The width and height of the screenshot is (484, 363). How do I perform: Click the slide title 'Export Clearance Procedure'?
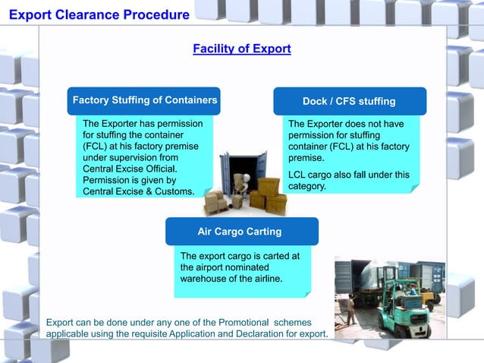99,14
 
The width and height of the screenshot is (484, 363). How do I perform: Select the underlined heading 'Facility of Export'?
241,49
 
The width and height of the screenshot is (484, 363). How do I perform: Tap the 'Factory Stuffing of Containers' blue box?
144,100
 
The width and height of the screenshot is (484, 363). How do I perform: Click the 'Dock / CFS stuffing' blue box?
349,101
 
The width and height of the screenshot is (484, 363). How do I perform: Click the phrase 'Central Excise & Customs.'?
138,191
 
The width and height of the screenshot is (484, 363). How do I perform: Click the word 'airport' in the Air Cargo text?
196,267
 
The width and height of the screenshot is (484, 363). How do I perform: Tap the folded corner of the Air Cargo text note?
306,292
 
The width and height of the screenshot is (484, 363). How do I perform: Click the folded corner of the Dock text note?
414,188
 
